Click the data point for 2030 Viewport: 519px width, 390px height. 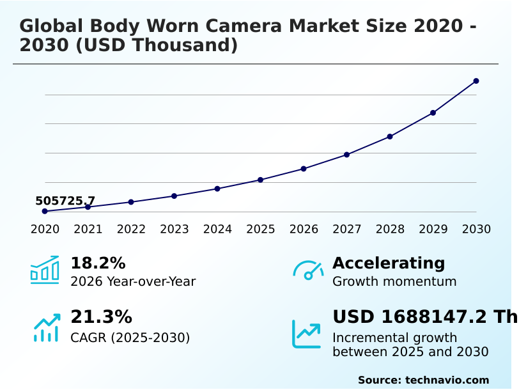pos(476,81)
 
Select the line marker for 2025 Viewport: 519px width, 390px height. pos(260,180)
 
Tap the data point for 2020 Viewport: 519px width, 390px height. pos(45,211)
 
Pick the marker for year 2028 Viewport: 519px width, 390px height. pos(390,136)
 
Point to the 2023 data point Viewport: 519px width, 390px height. pos(174,196)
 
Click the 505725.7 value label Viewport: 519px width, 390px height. pos(65,201)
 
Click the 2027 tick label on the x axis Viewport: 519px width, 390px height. pos(346,230)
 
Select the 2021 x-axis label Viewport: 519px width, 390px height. pos(88,230)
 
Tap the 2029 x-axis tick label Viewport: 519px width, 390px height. pos(433,230)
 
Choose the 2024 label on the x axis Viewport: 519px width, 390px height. pos(217,230)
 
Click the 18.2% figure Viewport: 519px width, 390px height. pos(98,263)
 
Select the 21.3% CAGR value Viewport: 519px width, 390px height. pos(101,317)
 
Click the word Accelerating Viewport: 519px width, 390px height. pos(389,263)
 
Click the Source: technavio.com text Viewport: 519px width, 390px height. pos(423,380)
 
